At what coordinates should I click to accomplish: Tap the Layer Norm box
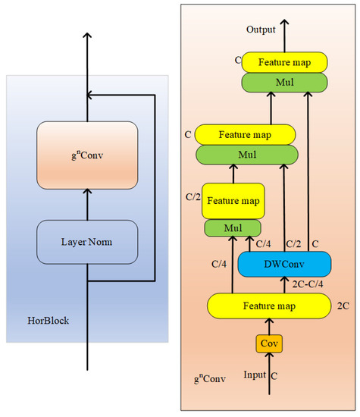pos(87,242)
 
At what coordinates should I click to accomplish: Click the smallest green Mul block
pos(233,227)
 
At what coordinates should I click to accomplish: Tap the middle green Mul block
pos(246,153)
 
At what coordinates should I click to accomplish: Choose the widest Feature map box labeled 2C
pos(270,306)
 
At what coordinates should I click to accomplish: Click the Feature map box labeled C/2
pos(233,201)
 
